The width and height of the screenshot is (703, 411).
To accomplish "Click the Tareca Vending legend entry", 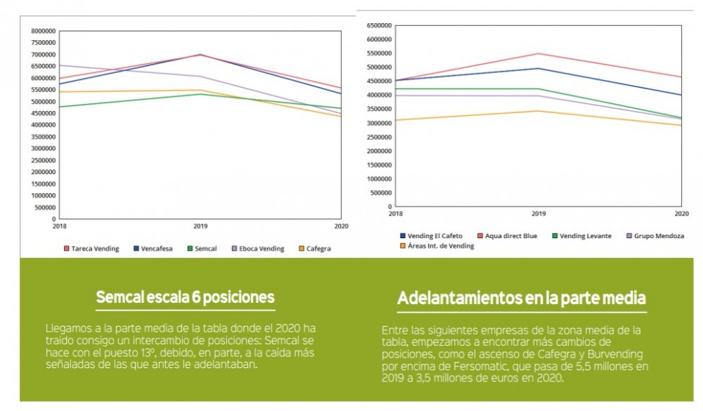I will pos(91,249).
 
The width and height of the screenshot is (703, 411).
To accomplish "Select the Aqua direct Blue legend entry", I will pos(508,236).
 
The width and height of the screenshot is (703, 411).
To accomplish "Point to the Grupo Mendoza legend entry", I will pos(656,236).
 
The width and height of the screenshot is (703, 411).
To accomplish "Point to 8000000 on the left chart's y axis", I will pos(44,31).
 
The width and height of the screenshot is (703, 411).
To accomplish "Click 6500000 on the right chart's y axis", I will pos(377,25).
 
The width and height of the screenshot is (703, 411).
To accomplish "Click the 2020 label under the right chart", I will pos(681,212).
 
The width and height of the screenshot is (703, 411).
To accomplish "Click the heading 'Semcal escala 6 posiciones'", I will pos(185,298).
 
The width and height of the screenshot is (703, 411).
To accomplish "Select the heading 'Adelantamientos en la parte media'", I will pos(521,299).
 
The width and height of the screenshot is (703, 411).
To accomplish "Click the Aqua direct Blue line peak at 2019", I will pos(537,53).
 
